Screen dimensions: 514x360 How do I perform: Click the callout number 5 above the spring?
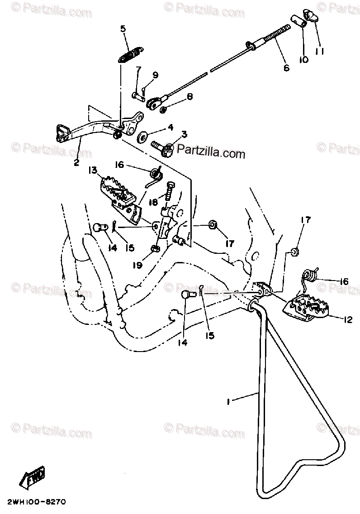point(123,30)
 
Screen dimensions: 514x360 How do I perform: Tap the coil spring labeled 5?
point(130,54)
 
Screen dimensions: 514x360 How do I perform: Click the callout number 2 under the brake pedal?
point(77,161)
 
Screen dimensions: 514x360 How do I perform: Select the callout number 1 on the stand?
point(230,401)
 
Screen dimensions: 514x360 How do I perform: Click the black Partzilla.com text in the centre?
point(211,153)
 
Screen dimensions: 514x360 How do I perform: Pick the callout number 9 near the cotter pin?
point(155,75)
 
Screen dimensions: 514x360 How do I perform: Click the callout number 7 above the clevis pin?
point(138,69)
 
